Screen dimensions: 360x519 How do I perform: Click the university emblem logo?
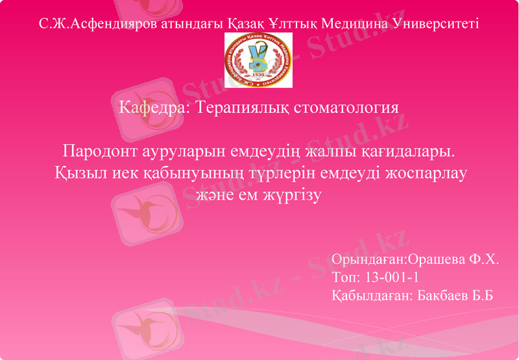pos(259,60)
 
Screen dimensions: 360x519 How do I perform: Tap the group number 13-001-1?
pos(391,278)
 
